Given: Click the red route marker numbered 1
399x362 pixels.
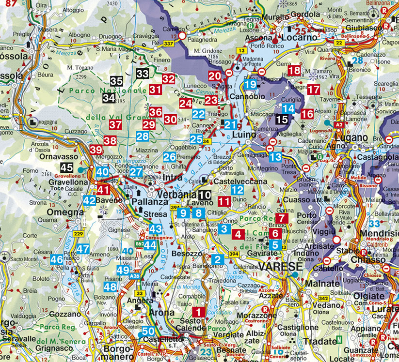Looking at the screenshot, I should point(199,312).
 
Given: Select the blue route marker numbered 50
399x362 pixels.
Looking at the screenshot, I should point(149,332).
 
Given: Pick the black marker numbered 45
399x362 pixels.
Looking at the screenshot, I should point(66,168).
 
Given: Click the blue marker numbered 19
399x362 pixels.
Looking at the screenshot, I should point(250,84).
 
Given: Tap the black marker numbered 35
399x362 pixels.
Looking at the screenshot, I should point(116,81).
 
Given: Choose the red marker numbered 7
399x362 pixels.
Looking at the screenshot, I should point(282,218).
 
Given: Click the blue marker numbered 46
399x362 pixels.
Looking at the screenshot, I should point(57,259).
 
